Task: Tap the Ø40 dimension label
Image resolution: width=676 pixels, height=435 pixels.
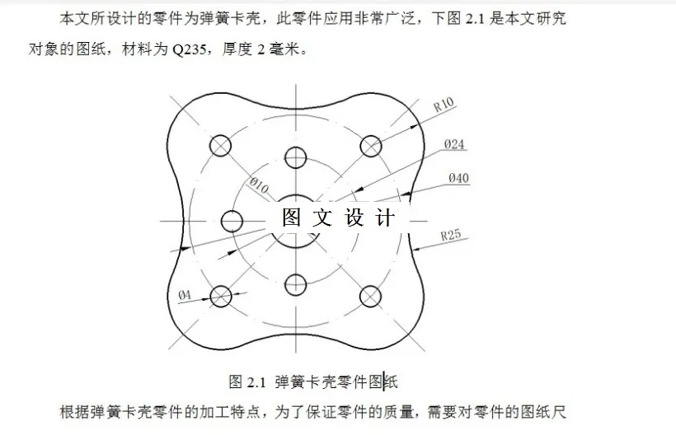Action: point(458,178)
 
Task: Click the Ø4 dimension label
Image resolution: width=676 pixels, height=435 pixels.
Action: point(185,294)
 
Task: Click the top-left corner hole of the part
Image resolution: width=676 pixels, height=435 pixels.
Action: point(220,145)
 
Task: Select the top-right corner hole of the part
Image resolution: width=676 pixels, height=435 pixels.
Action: point(371,145)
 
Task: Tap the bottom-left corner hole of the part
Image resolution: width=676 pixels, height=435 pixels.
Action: point(220,295)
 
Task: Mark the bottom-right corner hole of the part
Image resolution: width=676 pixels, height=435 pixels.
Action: point(371,295)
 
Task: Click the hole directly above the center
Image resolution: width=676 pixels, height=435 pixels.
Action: point(295,157)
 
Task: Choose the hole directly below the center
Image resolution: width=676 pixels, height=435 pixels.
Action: point(295,284)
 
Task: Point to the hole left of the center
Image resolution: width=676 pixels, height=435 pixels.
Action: point(232,221)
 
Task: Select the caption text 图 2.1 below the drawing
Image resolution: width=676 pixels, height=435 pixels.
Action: point(245,381)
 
